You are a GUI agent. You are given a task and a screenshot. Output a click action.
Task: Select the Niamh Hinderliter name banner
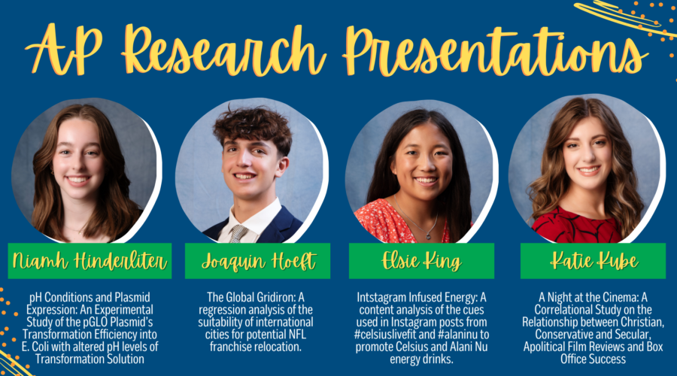90,261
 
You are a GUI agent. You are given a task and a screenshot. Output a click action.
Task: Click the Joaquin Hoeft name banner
258,261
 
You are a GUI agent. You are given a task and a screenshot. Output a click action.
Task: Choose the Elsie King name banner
421,261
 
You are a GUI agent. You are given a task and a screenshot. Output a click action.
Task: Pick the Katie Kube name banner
593,261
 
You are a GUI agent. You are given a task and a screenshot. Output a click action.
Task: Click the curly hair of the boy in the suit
253,127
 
